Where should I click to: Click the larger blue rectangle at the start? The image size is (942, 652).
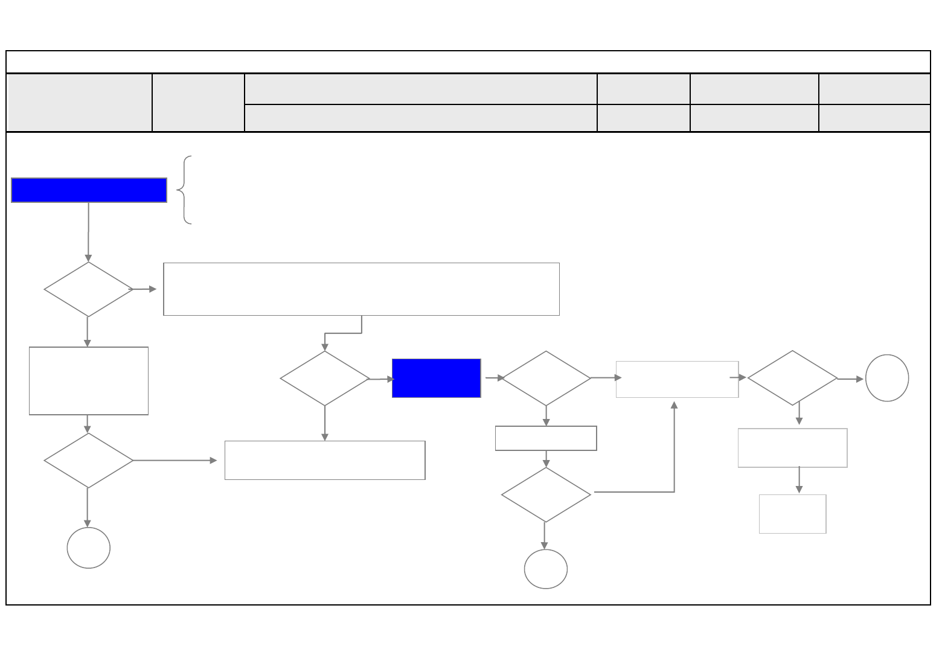coord(89,190)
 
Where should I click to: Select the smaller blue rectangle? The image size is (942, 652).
coord(436,379)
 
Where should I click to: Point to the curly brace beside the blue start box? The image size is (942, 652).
coord(185,190)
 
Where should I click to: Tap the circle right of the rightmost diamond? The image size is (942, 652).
coord(886,378)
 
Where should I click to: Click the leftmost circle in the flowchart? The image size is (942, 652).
coord(88,548)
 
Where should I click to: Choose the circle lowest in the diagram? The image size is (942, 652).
coord(545,569)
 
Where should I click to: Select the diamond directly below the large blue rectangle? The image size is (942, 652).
coord(88,289)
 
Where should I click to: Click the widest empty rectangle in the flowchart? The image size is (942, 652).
coord(361,289)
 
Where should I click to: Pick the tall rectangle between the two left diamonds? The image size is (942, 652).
coord(88,381)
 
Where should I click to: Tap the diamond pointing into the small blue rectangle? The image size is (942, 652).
coord(324,379)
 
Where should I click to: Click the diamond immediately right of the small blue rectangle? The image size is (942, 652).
coord(545,378)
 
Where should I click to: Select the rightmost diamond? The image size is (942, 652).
coord(792,378)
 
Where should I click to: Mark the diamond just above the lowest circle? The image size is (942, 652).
coord(545,495)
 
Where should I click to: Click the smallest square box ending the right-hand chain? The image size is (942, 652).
coord(792,514)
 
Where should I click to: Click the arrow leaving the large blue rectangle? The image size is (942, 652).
coord(88,232)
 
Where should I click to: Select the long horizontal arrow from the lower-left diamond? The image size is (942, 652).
coord(175,461)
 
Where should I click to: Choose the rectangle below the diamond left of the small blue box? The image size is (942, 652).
coord(324,460)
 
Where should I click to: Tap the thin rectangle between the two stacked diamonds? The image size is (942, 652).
coord(545,438)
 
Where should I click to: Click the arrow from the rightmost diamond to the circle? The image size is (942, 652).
coord(851,379)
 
